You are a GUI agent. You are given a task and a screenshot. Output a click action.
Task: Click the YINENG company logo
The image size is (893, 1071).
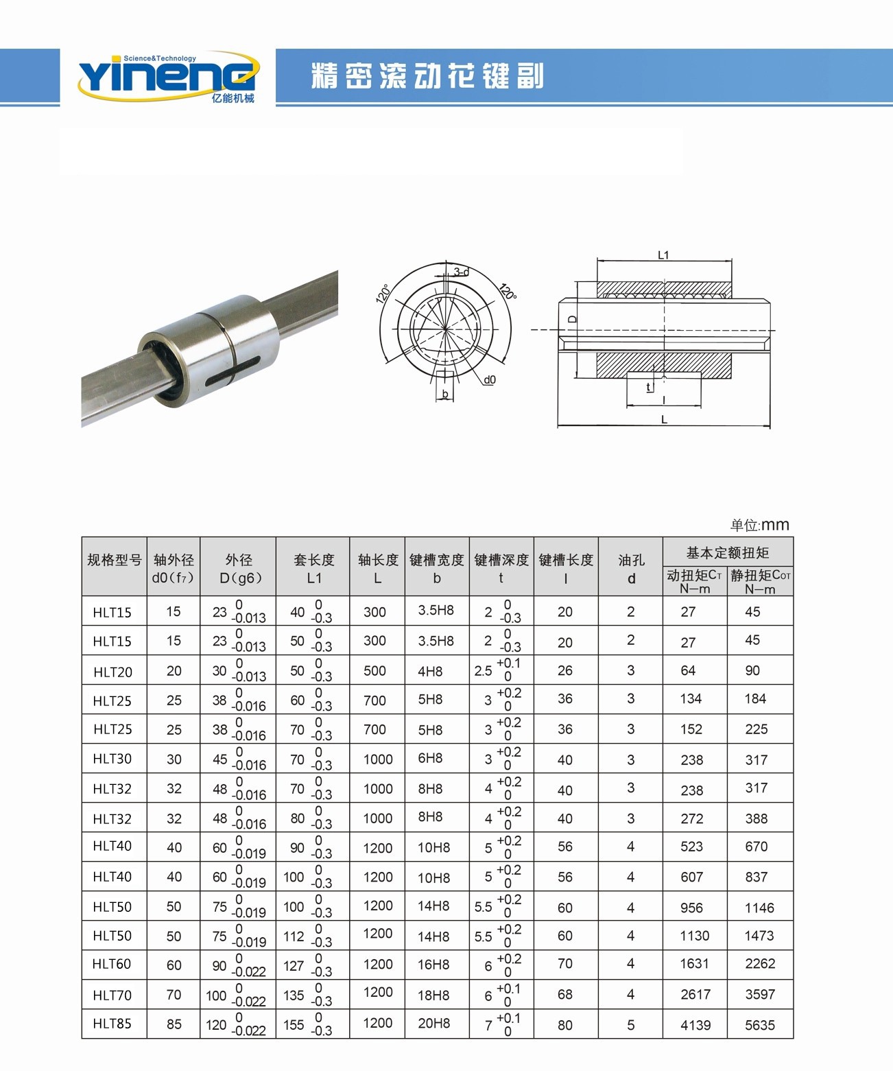168,76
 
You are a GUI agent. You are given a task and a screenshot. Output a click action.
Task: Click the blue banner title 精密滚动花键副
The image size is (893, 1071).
427,76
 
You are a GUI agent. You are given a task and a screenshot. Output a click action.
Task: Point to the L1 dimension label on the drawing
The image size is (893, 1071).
663,255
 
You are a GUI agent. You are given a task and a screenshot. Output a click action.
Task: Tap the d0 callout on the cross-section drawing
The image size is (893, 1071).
489,379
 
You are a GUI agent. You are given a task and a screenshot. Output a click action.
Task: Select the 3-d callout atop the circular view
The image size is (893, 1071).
461,272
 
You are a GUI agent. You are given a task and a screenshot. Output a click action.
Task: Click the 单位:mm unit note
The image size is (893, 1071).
759,525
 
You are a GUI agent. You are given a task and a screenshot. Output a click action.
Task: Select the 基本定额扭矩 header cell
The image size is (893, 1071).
727,552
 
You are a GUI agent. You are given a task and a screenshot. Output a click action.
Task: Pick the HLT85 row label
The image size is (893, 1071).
112,1024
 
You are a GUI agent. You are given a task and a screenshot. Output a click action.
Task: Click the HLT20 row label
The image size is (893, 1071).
112,672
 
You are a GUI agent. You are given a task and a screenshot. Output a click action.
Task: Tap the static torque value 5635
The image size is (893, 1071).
759,1025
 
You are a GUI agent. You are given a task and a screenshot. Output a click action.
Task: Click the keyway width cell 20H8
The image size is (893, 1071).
433,1024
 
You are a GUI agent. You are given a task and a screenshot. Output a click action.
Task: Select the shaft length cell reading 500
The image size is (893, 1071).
374,671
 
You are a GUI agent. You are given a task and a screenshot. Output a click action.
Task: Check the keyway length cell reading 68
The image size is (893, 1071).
564,994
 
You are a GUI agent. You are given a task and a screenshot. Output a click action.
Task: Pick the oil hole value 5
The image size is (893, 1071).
630,1025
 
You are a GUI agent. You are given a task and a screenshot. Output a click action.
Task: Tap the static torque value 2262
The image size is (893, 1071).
759,964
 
